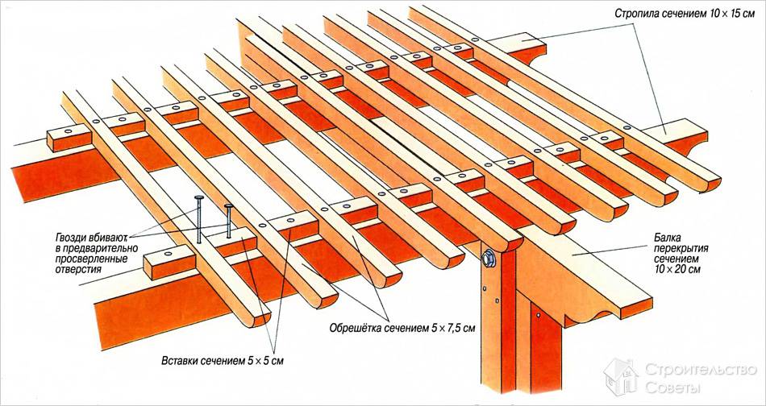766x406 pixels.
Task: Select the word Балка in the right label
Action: click(x=666, y=238)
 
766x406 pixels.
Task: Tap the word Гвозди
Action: click(x=70, y=238)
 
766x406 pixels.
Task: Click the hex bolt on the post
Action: click(x=488, y=258)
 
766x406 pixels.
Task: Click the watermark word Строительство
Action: click(x=701, y=370)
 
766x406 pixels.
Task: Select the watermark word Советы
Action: click(x=672, y=388)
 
